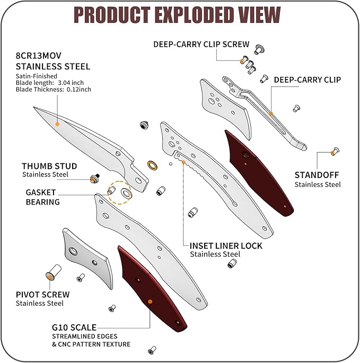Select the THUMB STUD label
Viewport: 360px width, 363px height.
coord(49,166)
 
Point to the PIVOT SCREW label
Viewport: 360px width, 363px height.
coord(42,294)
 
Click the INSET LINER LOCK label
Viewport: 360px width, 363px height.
coord(226,246)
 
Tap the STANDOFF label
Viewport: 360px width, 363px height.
coord(317,175)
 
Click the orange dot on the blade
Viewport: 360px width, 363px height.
coord(57,123)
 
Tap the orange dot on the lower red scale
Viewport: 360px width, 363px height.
coord(150,302)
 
